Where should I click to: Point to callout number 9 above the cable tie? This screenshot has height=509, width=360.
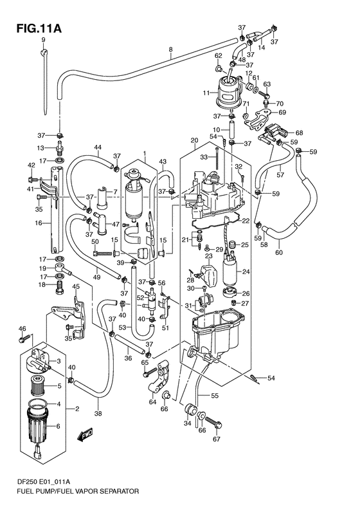[x=44, y=41]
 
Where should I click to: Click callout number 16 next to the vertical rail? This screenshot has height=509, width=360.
[x=39, y=223]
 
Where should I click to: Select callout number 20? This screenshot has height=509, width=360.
[x=194, y=140]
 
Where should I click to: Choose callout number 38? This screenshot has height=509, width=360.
[x=98, y=414]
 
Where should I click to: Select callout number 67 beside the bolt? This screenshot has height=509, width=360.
[x=216, y=440]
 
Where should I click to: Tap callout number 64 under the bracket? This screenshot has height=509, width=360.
[x=152, y=403]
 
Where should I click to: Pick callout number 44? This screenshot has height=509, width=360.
[x=97, y=147]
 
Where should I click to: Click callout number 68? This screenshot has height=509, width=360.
[x=300, y=133]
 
